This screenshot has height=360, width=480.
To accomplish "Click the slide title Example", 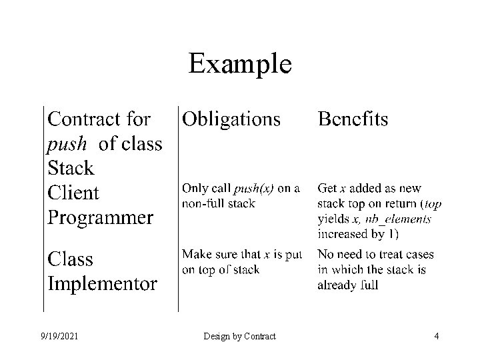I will click(239, 64).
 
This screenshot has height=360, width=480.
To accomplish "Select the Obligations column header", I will click(231, 119).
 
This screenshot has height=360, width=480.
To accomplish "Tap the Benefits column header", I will click(353, 119).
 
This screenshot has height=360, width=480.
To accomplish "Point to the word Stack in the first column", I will click(71, 167).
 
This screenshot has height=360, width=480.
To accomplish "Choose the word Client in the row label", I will click(73, 193).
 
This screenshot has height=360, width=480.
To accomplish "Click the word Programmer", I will click(100, 217).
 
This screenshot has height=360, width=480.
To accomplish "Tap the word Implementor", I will click(102, 284).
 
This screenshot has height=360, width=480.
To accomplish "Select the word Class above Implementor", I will click(70, 259).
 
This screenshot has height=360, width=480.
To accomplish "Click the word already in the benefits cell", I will click(338, 285).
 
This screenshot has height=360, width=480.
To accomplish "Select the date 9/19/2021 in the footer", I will click(59, 337).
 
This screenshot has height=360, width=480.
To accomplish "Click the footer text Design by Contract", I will click(240, 337).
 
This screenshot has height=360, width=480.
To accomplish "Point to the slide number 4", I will click(436, 337).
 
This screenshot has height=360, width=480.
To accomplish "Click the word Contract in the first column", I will click(85, 119).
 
